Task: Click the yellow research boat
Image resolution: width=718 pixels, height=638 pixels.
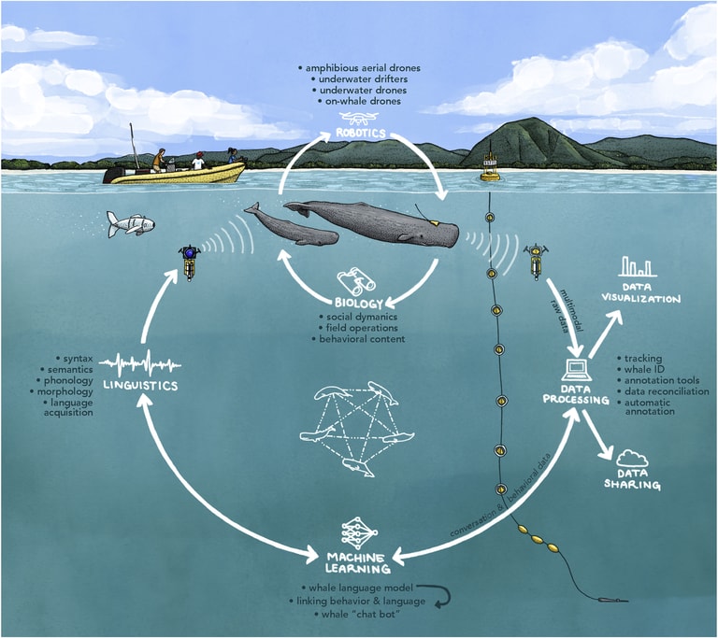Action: (x=178, y=173)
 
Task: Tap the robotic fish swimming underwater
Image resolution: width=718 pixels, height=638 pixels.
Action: (x=131, y=223)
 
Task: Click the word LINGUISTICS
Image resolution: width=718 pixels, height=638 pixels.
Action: (x=141, y=385)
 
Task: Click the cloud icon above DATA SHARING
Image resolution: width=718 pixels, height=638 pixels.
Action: (x=634, y=458)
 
